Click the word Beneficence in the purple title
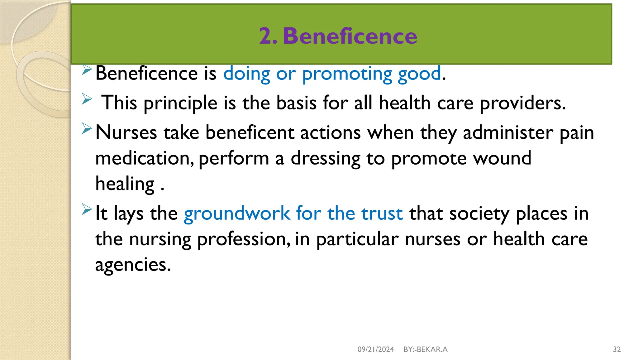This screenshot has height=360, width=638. pos(350,36)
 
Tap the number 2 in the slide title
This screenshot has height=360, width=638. pos(266,36)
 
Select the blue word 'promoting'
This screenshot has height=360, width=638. pos(347,74)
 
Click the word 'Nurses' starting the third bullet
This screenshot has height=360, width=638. pos(126,132)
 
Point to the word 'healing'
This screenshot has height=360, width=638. pos(125,184)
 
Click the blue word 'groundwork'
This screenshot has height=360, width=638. pos(237,214)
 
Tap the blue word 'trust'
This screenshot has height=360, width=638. pos(382,214)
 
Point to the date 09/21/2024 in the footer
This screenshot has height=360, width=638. pos(376,349)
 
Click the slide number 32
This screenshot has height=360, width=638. pos(617,349)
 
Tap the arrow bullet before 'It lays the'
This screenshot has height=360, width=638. pos(87,209)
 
